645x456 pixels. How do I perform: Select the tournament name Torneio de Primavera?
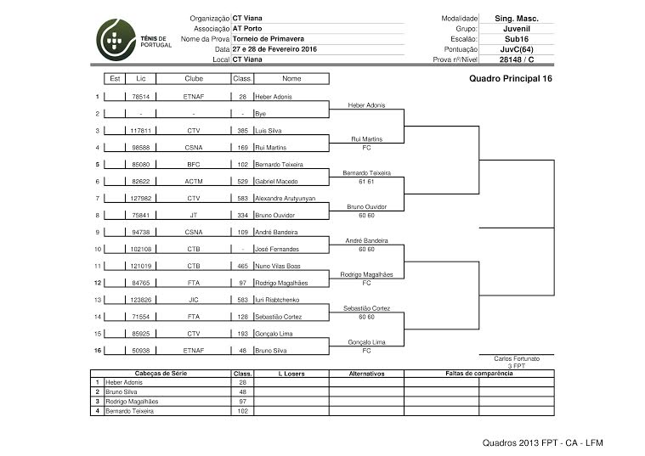[x=264, y=39]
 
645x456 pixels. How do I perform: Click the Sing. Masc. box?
[x=516, y=18]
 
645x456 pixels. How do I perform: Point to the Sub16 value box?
[x=516, y=39]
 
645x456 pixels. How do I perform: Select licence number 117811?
[x=140, y=131]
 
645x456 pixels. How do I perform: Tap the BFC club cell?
[x=194, y=164]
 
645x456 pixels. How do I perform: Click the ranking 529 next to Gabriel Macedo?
[x=242, y=181]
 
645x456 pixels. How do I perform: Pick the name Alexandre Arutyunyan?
[x=285, y=198]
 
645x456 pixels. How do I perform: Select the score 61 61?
[x=367, y=181]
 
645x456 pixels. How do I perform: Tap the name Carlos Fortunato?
[x=517, y=359]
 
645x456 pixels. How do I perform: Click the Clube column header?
[x=194, y=78]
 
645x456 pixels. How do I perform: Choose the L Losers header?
[x=291, y=373]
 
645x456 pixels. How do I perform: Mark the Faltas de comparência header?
[x=478, y=373]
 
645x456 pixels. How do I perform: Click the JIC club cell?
[x=194, y=299]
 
